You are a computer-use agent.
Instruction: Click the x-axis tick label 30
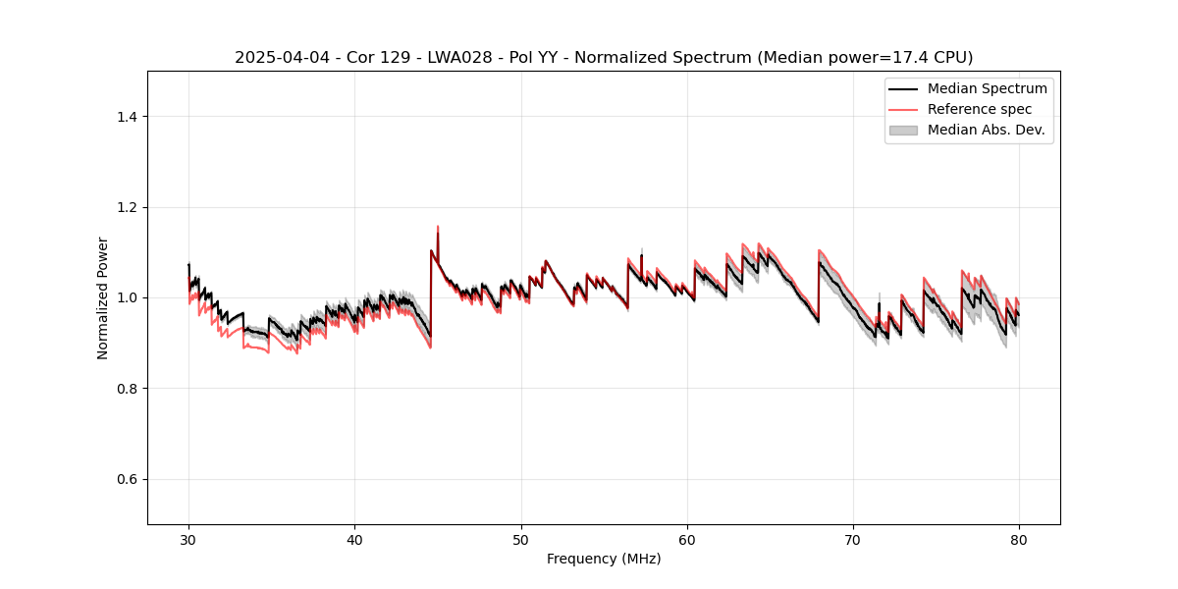[x=188, y=539]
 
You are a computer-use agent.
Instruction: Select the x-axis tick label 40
[x=354, y=539]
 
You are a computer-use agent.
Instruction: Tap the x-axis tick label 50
[x=521, y=539]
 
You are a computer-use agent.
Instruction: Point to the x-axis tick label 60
[x=687, y=539]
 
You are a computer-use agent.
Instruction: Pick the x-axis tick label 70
[x=853, y=539]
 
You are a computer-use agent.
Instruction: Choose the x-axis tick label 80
[x=1019, y=539]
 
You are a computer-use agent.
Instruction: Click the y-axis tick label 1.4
[x=127, y=117]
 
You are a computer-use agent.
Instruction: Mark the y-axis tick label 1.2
[x=127, y=207]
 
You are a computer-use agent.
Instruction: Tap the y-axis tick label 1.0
[x=127, y=297]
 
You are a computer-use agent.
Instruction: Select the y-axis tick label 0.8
[x=127, y=389]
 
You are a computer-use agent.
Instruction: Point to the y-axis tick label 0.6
[x=127, y=479]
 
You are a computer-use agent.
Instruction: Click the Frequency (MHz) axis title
[x=604, y=559]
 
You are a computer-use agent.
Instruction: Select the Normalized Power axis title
[x=103, y=297]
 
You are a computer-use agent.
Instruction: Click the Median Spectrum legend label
[x=987, y=88]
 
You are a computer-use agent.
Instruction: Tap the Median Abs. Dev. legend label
[x=986, y=130]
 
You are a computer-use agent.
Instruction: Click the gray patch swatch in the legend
[x=903, y=130]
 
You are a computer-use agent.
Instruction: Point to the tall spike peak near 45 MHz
[x=438, y=227]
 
